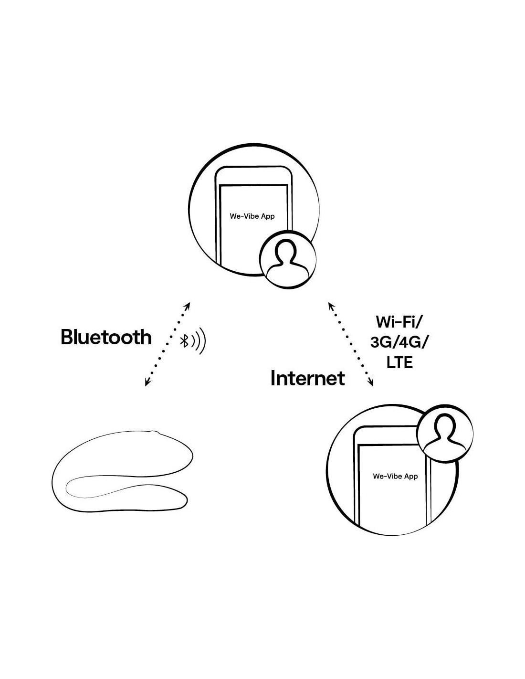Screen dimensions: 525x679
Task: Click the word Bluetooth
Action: coord(106,338)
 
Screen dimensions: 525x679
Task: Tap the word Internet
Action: coord(308,378)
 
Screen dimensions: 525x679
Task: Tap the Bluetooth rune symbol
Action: coord(184,340)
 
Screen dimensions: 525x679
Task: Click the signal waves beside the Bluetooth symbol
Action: coord(199,340)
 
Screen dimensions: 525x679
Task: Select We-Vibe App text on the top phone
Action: coord(252,216)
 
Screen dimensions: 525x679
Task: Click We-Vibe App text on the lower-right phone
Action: coord(395,476)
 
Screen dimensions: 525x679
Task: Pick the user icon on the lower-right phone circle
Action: coord(445,434)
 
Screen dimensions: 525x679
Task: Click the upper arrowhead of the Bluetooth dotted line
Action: coord(187,306)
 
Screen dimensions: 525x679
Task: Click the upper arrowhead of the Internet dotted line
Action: coord(331,306)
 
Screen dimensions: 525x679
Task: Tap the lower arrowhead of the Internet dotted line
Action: coord(370,382)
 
